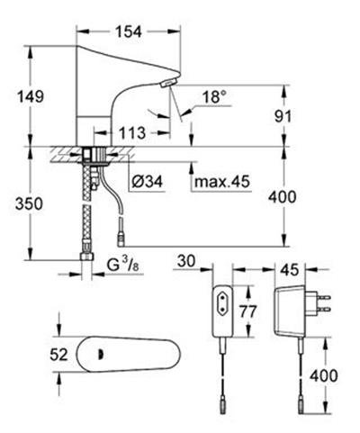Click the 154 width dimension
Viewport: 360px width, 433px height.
click(x=129, y=32)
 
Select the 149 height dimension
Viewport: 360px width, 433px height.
click(x=31, y=96)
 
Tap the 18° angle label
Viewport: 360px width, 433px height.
click(x=214, y=97)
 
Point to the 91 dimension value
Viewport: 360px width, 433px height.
click(x=283, y=116)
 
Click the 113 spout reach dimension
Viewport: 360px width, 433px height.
click(x=132, y=132)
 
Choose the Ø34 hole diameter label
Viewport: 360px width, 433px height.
click(x=148, y=181)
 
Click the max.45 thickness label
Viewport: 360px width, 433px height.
click(x=222, y=181)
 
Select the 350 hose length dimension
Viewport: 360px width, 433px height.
click(x=29, y=204)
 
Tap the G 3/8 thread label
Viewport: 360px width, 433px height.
click(x=123, y=265)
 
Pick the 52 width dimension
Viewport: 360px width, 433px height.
click(x=58, y=355)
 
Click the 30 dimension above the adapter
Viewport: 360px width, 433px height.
click(x=186, y=261)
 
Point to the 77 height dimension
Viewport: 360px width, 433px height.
click(x=247, y=311)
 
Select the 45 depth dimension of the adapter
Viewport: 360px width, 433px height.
click(x=290, y=269)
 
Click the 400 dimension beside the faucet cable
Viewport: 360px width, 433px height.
click(x=282, y=197)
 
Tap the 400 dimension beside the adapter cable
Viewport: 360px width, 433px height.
click(x=324, y=375)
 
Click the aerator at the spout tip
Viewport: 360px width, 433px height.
click(x=168, y=82)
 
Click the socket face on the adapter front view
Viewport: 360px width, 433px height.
click(x=223, y=303)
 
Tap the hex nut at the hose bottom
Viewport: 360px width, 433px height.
click(x=87, y=257)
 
